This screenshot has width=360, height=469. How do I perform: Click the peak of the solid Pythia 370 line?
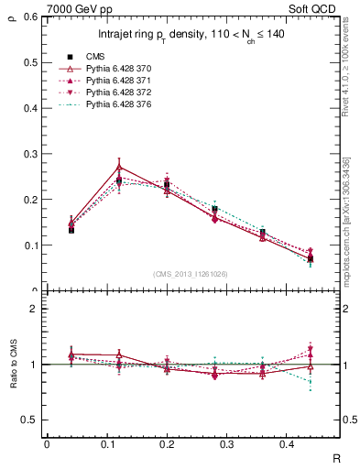pos(120,167)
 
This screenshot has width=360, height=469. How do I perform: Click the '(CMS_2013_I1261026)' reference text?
pos(191,274)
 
